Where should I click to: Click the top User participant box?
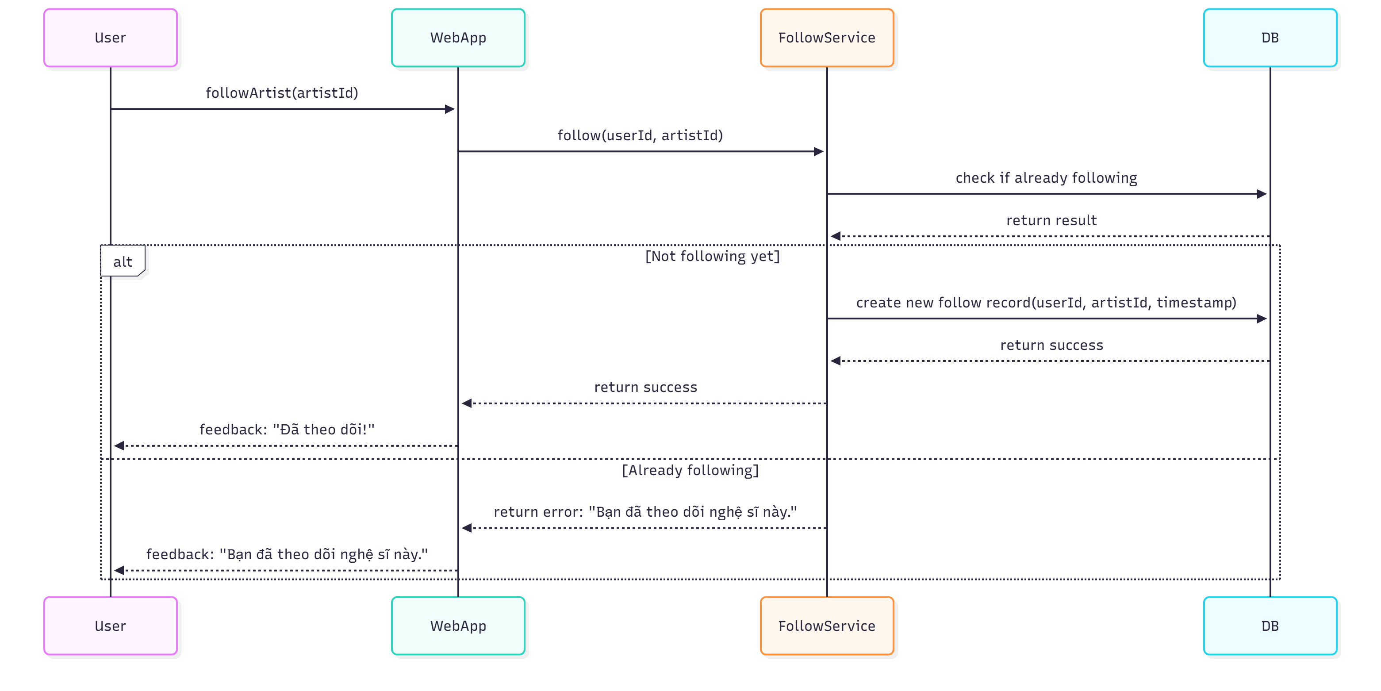[111, 38]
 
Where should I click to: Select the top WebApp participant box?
[458, 38]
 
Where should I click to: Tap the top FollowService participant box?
[827, 38]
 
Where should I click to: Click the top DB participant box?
[1270, 38]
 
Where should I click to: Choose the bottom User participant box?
[111, 626]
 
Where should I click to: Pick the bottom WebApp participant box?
[458, 626]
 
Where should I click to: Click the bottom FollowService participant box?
[827, 626]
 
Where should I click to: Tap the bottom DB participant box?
[1270, 626]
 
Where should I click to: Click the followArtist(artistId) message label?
[282, 93]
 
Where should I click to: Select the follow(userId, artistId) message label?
[640, 135]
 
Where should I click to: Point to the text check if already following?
[1046, 178]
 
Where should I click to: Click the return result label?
[1051, 220]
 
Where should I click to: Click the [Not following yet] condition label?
[712, 256]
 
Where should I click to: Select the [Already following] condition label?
[690, 470]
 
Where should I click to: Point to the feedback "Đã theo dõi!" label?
[287, 430]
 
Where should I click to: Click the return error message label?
[645, 512]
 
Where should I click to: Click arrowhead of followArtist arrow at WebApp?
[450, 109]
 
